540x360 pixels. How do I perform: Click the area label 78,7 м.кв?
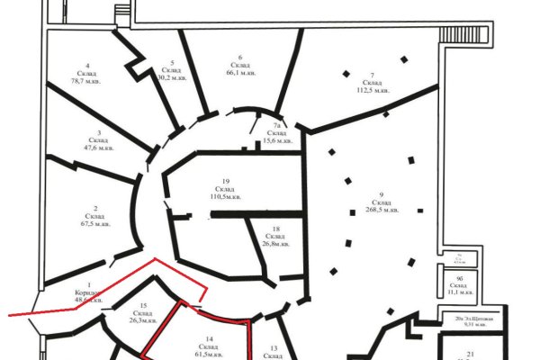(87, 80)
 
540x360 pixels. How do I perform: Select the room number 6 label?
(240, 56)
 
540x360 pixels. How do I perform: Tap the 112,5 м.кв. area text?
(371, 89)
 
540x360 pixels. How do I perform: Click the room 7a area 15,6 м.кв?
(278, 140)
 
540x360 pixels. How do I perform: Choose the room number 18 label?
(275, 229)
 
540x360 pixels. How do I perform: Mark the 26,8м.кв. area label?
(275, 243)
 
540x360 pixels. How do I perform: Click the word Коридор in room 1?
(78, 293)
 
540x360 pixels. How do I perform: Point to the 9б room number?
(458, 279)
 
